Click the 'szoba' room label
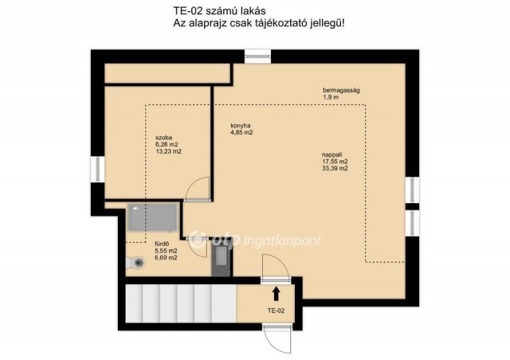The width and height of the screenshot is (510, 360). coord(163,137)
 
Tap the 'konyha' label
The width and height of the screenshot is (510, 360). coord(241,126)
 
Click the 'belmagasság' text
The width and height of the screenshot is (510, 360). coord(341,90)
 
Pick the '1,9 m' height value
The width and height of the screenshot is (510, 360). coord(331,97)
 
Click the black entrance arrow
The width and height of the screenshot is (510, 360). coord(277,293)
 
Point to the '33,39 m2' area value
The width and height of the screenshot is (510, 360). coord(334,168)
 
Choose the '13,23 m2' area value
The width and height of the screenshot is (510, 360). coord(168,151)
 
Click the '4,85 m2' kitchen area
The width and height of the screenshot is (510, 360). coord(241,133)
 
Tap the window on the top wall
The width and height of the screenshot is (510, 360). coord(257,56)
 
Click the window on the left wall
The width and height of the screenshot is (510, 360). coord(96,170)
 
